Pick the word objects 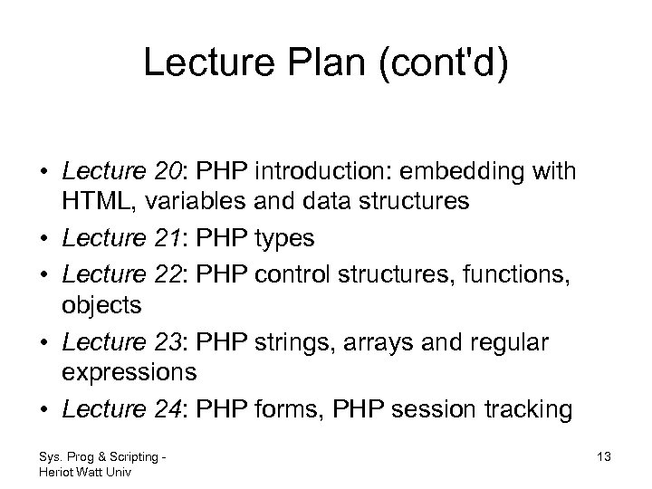pyautogui.click(x=101, y=305)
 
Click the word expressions pyautogui.click(x=129, y=372)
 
